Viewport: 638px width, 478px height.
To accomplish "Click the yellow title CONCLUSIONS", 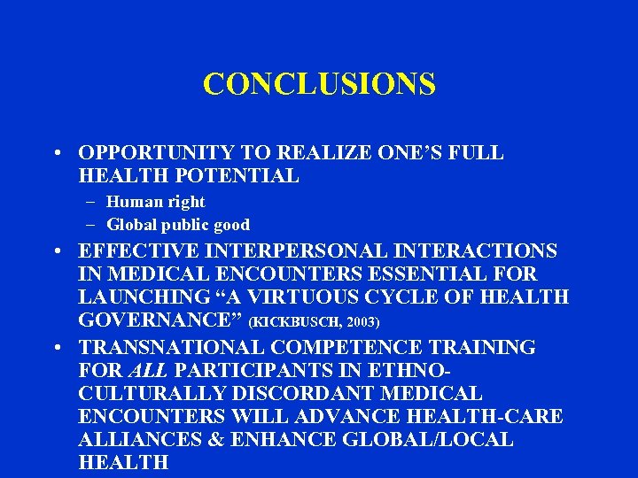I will tap(319, 84).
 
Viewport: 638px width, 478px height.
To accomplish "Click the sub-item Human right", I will tap(156, 202).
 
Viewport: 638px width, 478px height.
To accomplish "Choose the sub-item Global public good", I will tap(178, 225).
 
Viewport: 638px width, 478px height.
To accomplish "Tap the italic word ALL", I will tap(133, 370).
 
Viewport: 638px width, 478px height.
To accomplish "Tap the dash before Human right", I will tap(92, 202).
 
